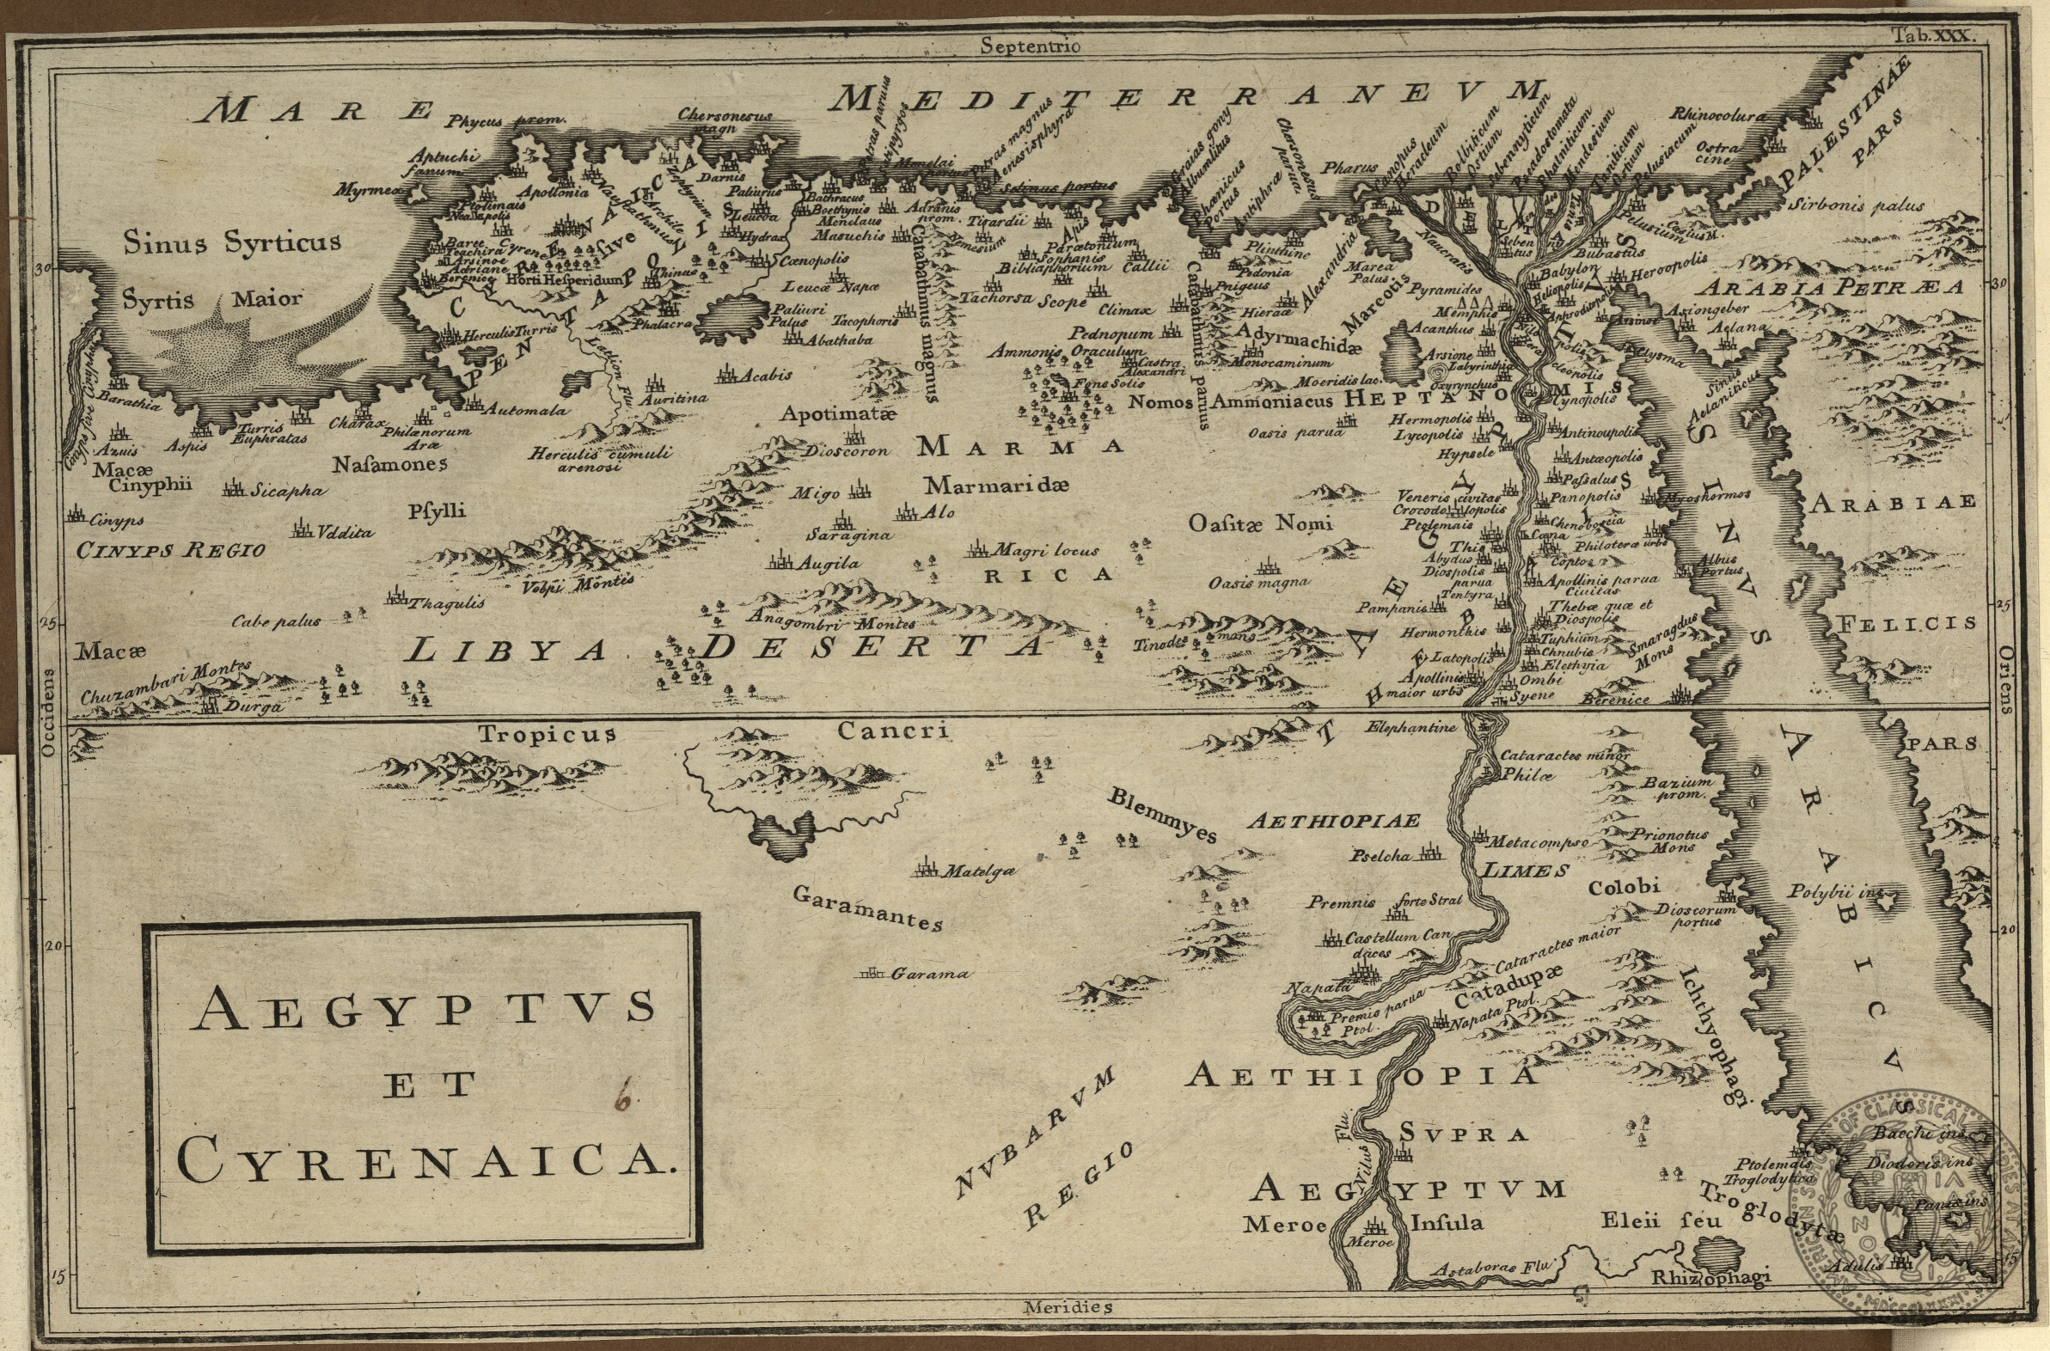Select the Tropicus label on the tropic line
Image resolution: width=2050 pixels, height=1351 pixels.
coord(548,734)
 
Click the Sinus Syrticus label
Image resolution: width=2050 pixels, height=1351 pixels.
coord(232,242)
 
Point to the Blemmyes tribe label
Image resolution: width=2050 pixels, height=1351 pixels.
coord(1163,814)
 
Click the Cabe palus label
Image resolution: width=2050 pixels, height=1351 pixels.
coord(276,620)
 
